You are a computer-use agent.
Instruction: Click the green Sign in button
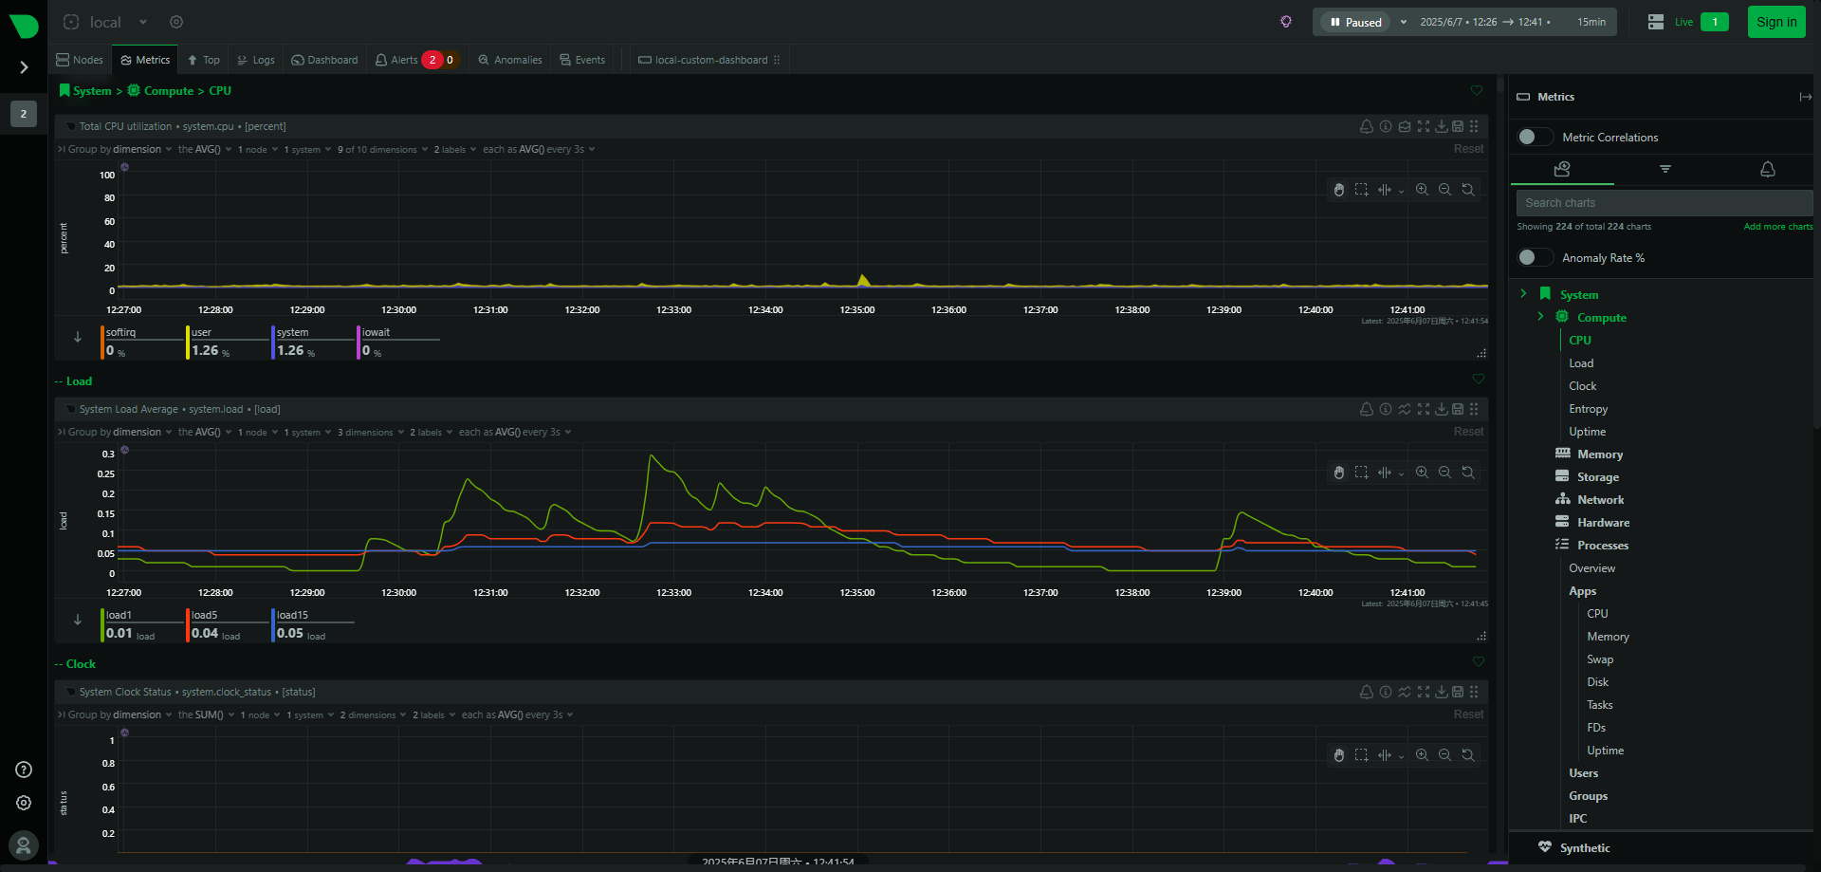[1775, 22]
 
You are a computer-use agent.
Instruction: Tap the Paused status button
[1355, 22]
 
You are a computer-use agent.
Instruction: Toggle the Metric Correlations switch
[1534, 137]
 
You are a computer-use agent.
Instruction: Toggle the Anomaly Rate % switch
[1534, 257]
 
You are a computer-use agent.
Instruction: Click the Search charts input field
[1663, 203]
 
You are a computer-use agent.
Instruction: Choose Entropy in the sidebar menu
[1588, 409]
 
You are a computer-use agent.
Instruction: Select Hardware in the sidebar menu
[1603, 523]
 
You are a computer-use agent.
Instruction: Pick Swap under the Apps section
[1599, 659]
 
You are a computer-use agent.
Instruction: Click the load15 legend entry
[293, 616]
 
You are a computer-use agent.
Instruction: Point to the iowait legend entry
[377, 333]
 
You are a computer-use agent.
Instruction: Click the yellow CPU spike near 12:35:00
[863, 279]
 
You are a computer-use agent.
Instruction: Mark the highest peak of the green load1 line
[651, 456]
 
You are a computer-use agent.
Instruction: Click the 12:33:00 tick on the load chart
[673, 593]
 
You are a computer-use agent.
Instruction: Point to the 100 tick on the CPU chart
[107, 176]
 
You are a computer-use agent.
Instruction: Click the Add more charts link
[1777, 227]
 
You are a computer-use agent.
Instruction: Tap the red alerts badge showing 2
[432, 60]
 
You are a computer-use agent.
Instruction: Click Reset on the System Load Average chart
[1468, 432]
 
